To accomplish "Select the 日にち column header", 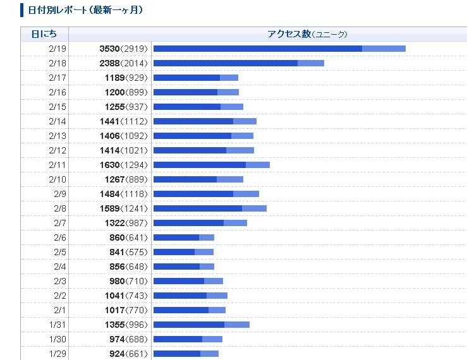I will pyautogui.click(x=44, y=34).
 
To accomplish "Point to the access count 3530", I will pyautogui.click(x=109, y=49).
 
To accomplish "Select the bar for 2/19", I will pyautogui.click(x=279, y=49).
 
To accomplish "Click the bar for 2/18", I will pyautogui.click(x=238, y=63).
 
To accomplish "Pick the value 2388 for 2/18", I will pyautogui.click(x=109, y=63).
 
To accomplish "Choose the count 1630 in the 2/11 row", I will pyautogui.click(x=109, y=165).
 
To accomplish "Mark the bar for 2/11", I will pyautogui.click(x=211, y=165).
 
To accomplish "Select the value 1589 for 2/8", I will pyautogui.click(x=109, y=208).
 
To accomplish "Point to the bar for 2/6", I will pyautogui.click(x=183, y=237).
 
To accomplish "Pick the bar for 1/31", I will pyautogui.click(x=201, y=325).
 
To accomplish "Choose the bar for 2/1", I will pyautogui.click(x=189, y=310).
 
